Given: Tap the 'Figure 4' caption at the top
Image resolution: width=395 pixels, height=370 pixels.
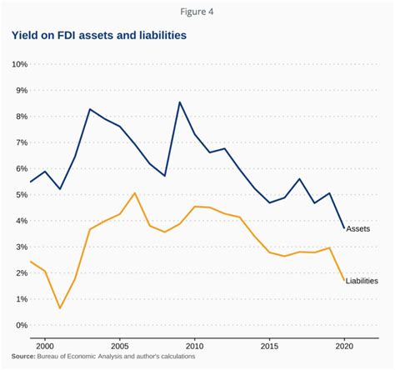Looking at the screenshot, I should coord(197,11).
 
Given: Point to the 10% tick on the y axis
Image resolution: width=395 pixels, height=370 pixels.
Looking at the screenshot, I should coord(19,64).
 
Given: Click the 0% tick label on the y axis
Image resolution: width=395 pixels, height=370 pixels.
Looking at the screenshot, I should coord(21,325).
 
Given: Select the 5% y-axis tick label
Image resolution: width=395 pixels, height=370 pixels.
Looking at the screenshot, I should coord(21,194).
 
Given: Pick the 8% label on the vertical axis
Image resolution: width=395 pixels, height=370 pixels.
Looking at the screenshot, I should coord(21,116).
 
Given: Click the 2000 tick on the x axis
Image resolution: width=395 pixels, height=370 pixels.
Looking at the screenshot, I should coord(45,344).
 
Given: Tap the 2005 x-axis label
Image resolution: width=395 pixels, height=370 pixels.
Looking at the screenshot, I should coord(119,344).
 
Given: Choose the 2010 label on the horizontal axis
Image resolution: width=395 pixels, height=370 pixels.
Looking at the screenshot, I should coord(194,344).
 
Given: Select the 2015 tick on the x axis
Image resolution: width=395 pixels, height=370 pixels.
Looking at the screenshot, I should coord(268,344).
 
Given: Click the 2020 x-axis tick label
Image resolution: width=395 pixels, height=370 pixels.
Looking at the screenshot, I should coord(342,344).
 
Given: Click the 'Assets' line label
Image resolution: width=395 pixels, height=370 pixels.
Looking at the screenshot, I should coord(358,228).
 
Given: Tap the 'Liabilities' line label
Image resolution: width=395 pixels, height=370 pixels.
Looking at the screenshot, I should coord(362,281).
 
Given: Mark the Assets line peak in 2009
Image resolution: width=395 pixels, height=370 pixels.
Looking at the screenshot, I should coord(179,102).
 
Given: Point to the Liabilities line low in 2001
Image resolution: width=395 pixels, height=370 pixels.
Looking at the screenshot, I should coord(60,308).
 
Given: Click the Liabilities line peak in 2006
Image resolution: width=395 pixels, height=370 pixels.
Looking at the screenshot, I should coord(134,193).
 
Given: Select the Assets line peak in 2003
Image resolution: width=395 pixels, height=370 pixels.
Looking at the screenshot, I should coord(90,109).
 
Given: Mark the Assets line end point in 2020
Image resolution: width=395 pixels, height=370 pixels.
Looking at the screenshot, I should coord(342,228).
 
